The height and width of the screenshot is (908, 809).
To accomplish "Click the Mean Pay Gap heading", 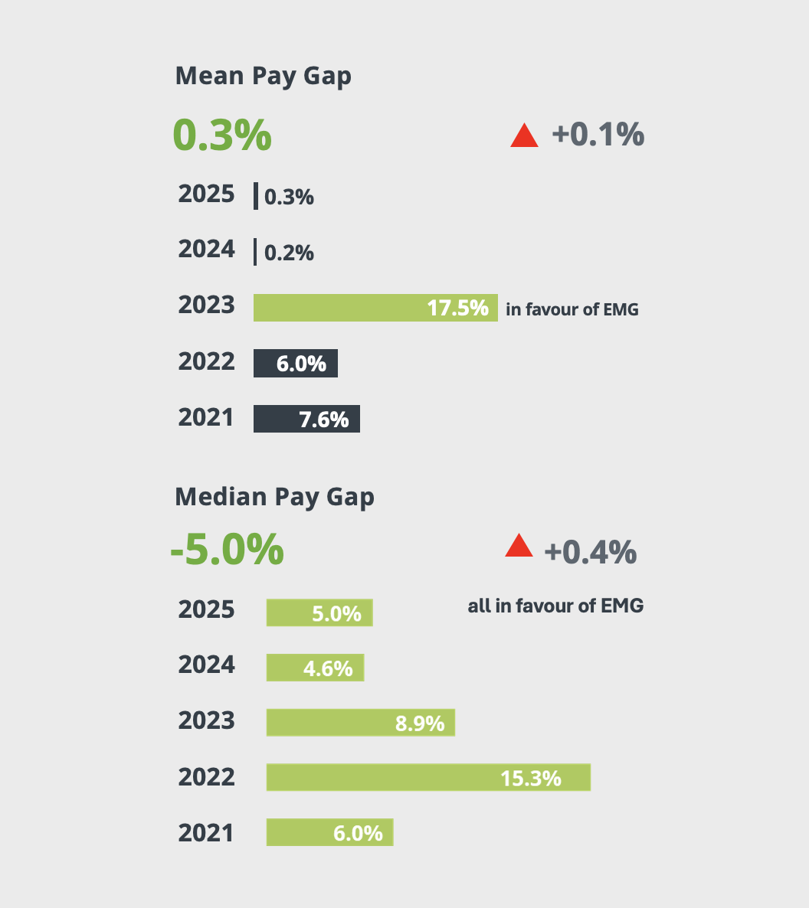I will (x=263, y=77).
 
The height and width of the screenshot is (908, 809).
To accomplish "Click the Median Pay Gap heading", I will (x=274, y=497).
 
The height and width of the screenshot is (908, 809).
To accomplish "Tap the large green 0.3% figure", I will (x=222, y=135).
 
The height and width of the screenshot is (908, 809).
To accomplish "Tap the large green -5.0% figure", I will (x=227, y=550).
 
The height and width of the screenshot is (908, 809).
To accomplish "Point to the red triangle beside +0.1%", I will (x=525, y=136).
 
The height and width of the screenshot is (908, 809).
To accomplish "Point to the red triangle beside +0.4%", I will (x=519, y=547).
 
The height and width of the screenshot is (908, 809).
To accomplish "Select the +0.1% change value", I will (x=598, y=135).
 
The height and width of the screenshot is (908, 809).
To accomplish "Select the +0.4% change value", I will (x=590, y=551).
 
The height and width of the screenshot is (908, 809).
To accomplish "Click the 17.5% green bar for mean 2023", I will (x=375, y=308).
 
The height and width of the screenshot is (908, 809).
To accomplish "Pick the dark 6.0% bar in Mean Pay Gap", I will (x=296, y=364).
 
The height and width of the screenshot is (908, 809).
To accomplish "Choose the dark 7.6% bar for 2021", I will (x=306, y=419).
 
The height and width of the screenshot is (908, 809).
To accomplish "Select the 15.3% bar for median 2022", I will (x=428, y=777).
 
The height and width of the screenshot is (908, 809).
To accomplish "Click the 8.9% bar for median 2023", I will (x=360, y=722).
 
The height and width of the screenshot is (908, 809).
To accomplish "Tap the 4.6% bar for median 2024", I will (x=315, y=668).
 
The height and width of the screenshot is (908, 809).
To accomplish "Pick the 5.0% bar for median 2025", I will (x=319, y=612).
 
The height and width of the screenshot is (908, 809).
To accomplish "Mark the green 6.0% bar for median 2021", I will (x=329, y=832).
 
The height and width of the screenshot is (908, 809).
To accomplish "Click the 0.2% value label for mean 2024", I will (x=289, y=253).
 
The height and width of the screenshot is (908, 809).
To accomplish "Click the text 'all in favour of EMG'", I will (x=555, y=606).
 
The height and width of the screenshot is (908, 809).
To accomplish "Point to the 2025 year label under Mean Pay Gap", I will (x=206, y=194).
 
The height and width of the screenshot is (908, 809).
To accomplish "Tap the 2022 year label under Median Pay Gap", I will (x=206, y=777).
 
